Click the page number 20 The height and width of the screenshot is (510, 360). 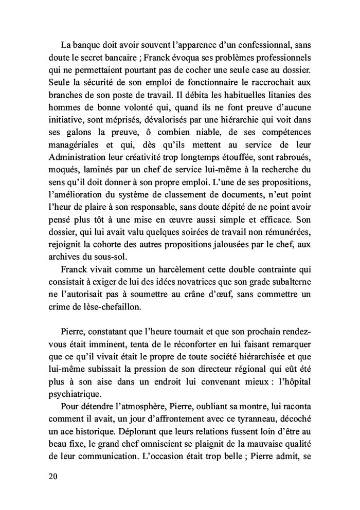click(51, 476)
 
